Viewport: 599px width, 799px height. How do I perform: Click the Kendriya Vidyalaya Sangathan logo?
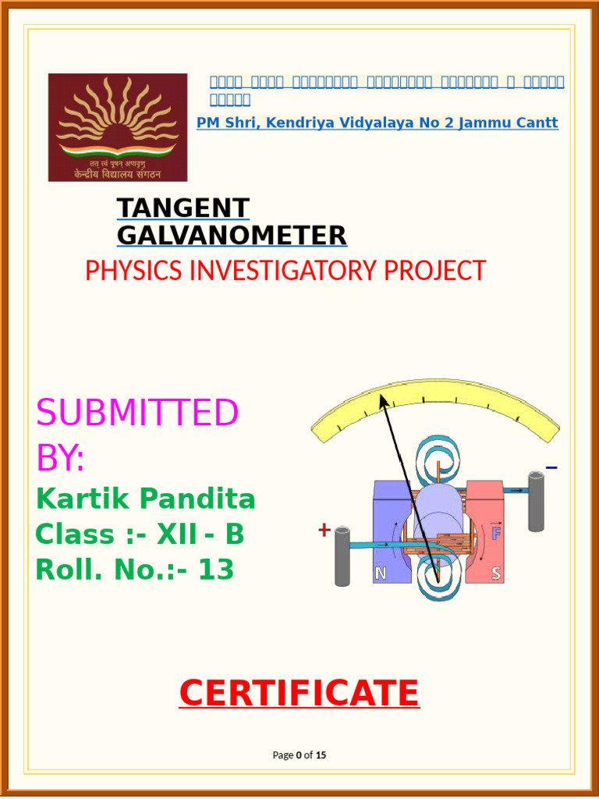point(118,127)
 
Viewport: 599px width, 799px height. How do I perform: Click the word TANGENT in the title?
point(183,208)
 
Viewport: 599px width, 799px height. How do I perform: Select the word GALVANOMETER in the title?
point(232,235)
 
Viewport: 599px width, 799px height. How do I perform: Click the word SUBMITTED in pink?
point(137,413)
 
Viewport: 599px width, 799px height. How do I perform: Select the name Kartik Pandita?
point(145,498)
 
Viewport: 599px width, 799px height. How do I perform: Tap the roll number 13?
point(216,571)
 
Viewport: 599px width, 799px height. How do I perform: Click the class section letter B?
point(235,535)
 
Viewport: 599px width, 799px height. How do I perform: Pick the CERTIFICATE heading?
point(299,693)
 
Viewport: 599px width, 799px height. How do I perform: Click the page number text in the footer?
point(299,755)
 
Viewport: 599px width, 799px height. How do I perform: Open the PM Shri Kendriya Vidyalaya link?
point(377,123)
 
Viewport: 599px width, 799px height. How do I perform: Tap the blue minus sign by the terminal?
point(551,468)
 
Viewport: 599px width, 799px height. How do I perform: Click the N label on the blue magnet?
point(381,574)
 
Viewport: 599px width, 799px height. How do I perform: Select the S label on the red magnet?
point(496,574)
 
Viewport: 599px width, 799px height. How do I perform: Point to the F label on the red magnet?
point(495,534)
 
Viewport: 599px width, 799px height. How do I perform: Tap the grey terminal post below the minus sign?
point(536,501)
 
